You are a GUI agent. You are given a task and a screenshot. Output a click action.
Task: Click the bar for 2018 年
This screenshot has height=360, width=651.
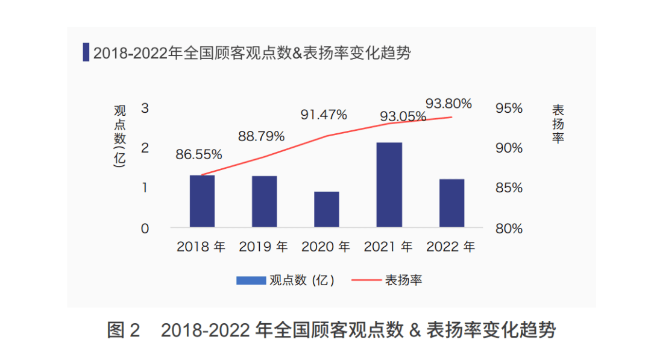pos(202,201)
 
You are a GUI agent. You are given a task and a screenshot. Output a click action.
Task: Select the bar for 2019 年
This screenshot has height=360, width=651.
pos(264,201)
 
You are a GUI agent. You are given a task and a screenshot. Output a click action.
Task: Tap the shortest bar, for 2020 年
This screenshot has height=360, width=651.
pos(327,209)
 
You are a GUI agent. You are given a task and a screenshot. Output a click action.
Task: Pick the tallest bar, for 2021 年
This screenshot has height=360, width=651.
pos(389,185)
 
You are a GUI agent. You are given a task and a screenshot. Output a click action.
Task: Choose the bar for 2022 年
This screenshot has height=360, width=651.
pos(451,203)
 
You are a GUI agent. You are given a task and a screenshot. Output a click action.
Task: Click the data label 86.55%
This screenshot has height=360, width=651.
pos(199,154)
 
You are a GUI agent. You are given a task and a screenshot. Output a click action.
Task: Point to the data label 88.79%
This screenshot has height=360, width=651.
pos(261,136)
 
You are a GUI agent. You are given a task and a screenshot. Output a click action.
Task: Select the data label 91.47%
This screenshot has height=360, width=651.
pos(324,115)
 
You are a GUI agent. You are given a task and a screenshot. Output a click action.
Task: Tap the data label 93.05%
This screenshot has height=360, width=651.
pos(403,116)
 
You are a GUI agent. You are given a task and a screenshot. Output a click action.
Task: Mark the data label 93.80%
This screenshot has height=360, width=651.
pos(448,104)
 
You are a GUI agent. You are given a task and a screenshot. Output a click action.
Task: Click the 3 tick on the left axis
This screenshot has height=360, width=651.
pos(145,109)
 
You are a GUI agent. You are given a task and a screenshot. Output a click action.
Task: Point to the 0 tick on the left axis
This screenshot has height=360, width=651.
pos(145,229)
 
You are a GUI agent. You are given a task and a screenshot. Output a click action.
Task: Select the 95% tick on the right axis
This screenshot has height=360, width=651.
pos(509,109)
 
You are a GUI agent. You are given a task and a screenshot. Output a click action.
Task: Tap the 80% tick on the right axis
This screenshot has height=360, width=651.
pos(509,229)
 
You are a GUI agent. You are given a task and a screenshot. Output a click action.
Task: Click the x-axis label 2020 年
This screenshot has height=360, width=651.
pos(325,247)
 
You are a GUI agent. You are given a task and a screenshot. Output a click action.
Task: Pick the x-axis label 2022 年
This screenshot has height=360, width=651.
pos(450,247)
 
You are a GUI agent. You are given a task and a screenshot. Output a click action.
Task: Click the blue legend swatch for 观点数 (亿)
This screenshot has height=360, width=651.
pos(251,280)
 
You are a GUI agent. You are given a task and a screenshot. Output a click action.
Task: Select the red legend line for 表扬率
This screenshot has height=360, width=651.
pos(365,280)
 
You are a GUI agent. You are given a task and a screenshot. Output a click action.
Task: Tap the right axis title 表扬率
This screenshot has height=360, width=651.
pos(558,124)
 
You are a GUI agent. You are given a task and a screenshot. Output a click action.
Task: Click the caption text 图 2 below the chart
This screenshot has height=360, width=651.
pos(124,330)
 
